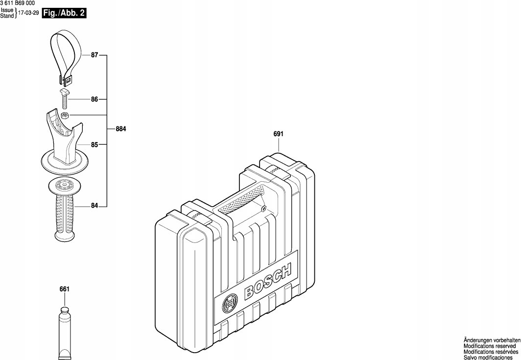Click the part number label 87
pos(95,56)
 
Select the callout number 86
pos(95,99)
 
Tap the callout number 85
pos(95,144)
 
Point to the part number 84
pos(95,206)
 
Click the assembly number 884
pos(121,130)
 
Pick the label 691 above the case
pos(279,134)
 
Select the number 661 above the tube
pos(64,289)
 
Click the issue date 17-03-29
pos(28,14)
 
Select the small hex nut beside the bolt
pos(65,116)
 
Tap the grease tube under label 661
pos(65,333)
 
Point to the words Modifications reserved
pos(490,345)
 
